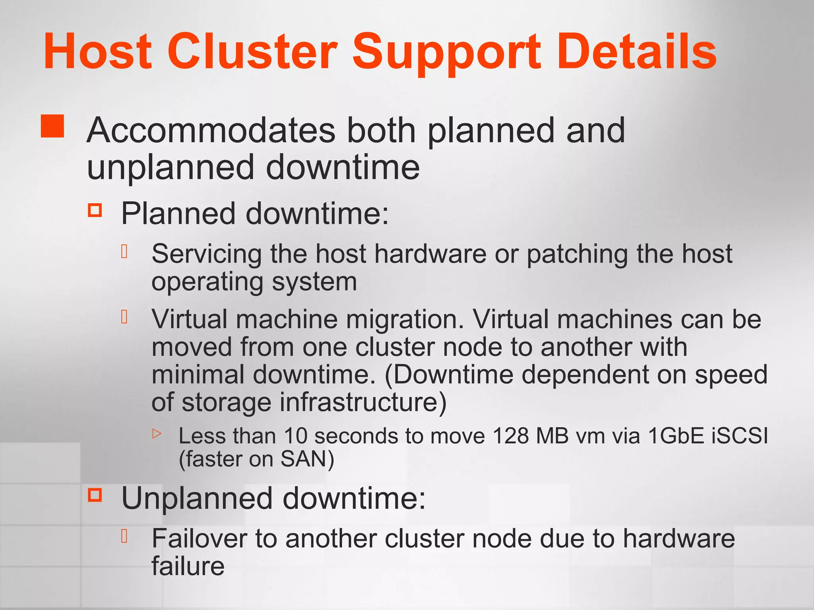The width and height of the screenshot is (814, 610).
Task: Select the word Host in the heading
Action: (x=98, y=52)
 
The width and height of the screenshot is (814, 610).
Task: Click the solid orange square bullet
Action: (x=52, y=126)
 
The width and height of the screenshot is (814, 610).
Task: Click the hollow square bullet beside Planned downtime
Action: (x=95, y=210)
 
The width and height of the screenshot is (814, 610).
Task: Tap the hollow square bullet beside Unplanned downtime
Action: (x=95, y=494)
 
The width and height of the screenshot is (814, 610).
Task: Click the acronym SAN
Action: (x=304, y=459)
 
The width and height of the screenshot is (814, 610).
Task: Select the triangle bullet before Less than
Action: (x=157, y=433)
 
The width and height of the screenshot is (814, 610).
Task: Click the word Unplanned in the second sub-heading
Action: (x=197, y=499)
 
